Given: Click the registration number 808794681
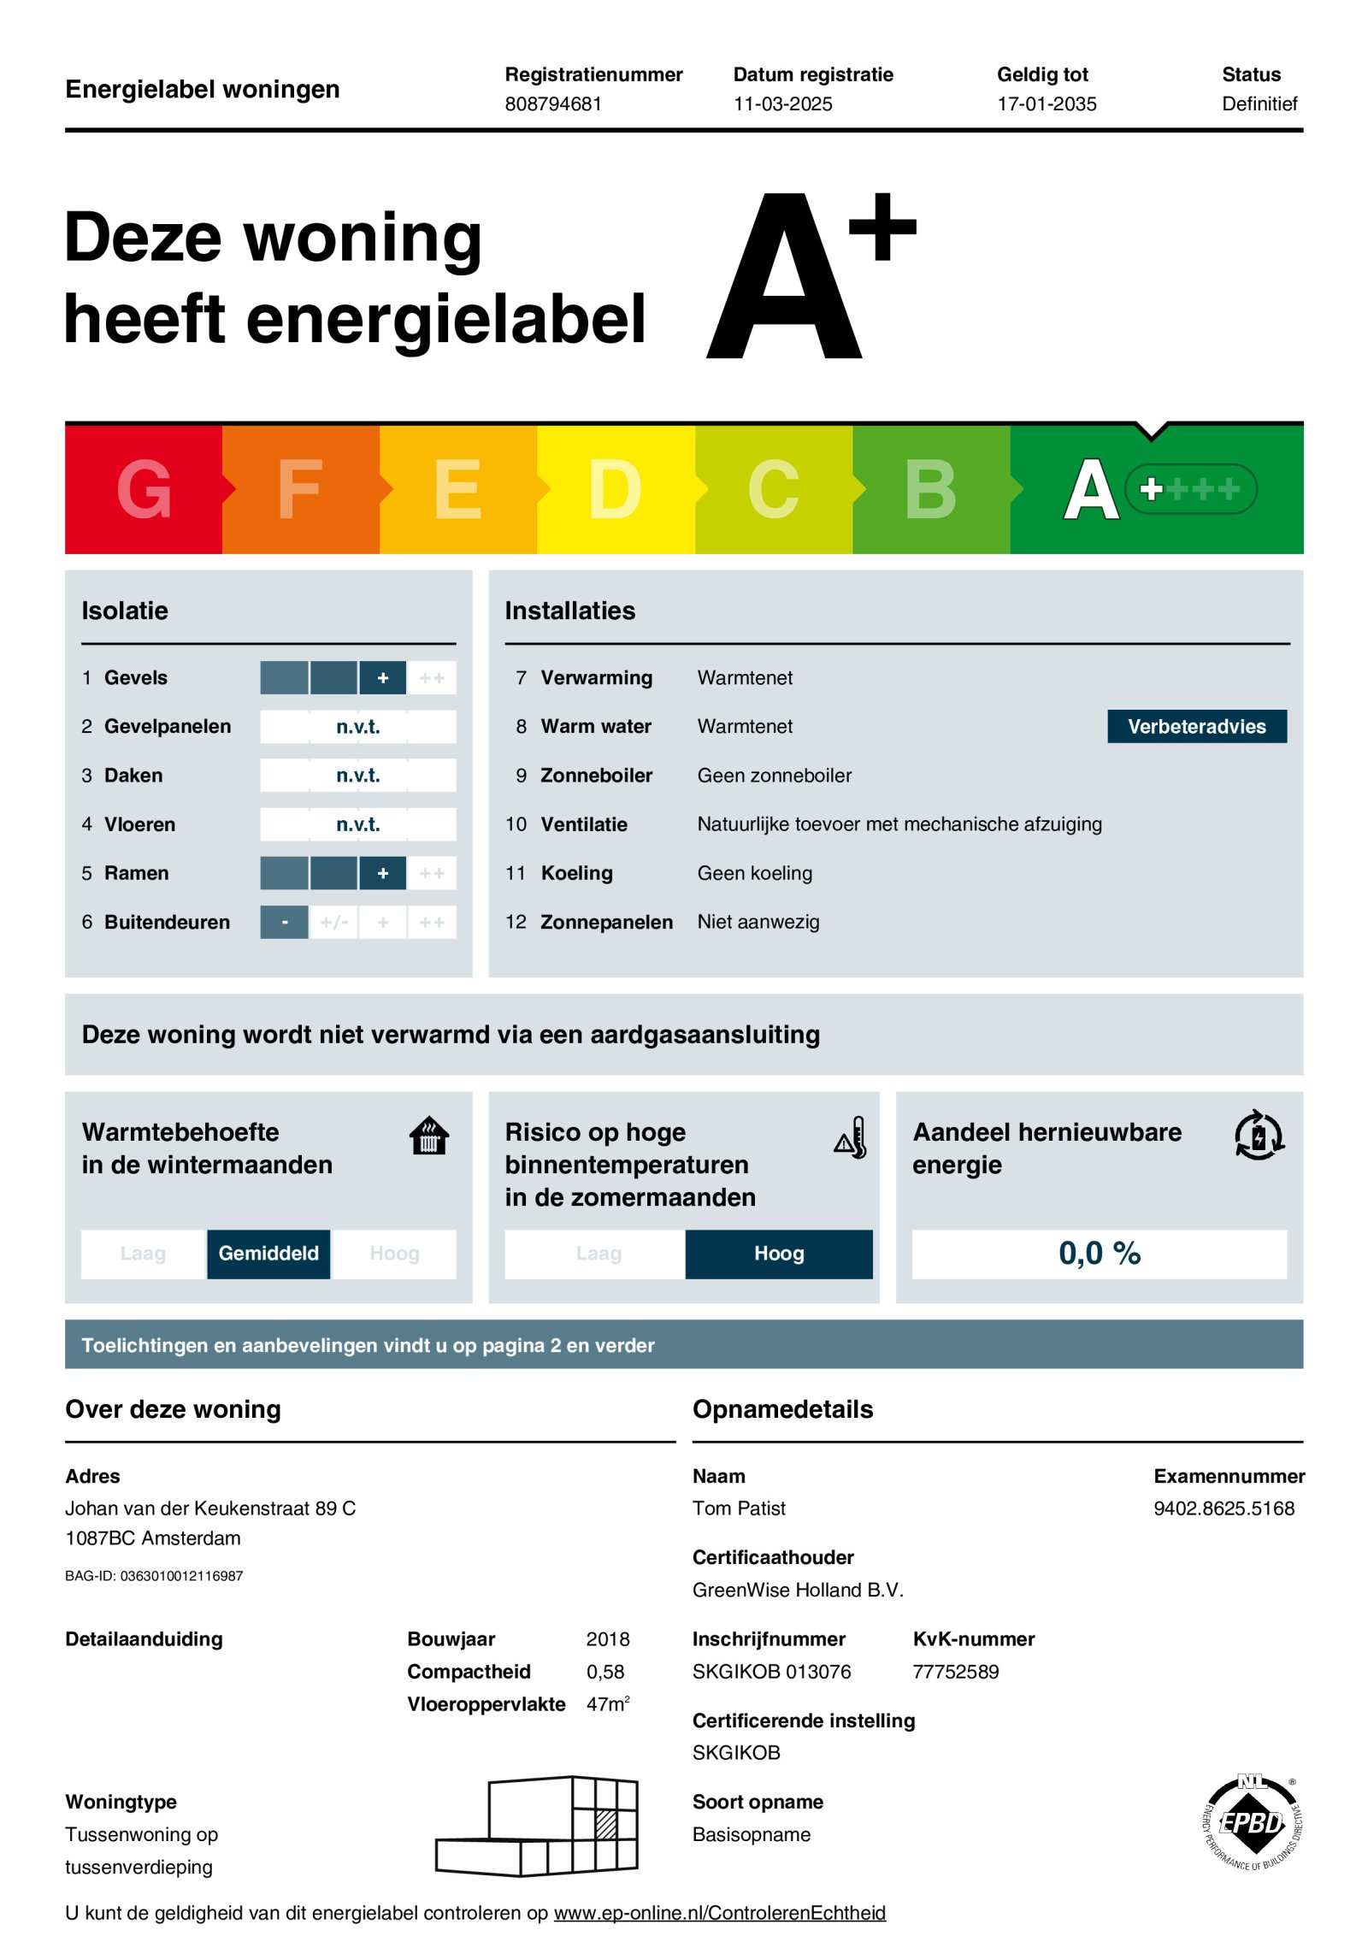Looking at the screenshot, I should tap(553, 103).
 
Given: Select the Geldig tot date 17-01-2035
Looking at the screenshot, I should tap(1047, 103).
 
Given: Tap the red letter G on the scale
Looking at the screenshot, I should tap(144, 489).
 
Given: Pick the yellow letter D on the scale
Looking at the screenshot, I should tap(615, 489).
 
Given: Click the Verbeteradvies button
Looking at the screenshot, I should tap(1196, 726).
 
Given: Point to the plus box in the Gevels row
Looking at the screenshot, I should tap(383, 677).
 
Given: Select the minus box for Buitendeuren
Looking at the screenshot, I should tap(285, 922).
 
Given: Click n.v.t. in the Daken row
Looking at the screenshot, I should tap(357, 775).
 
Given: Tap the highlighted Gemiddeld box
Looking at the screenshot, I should tap(268, 1253).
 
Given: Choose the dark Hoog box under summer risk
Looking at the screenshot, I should tap(779, 1253).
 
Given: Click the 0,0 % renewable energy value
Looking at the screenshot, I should tap(1099, 1253).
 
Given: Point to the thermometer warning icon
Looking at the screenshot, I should tap(852, 1137).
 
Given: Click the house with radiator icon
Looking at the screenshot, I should tap(429, 1136).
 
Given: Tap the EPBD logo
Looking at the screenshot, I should tap(1252, 1822).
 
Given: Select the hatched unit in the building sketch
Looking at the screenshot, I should tap(605, 1824).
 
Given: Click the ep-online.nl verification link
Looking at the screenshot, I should tap(719, 1912).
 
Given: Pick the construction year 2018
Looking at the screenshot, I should tap(607, 1638).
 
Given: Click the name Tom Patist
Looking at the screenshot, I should tap(739, 1508).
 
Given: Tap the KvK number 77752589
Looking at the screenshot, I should tap(955, 1671).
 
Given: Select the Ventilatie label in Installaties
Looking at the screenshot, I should tap(584, 823).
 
